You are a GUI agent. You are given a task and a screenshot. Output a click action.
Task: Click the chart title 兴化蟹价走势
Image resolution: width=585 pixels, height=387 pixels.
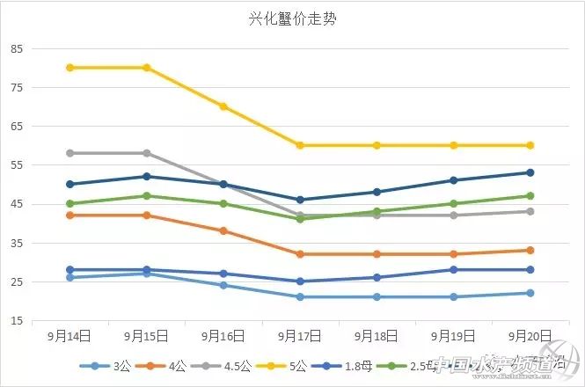click(291, 18)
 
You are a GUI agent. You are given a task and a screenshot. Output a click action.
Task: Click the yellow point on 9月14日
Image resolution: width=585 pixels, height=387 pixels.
click(69, 68)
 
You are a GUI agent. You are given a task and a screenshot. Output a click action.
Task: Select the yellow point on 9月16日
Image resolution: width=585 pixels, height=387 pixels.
click(223, 106)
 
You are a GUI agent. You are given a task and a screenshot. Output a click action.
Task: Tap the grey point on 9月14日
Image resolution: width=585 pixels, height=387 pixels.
click(69, 153)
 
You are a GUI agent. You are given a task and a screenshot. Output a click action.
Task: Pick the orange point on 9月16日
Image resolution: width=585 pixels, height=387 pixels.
click(223, 231)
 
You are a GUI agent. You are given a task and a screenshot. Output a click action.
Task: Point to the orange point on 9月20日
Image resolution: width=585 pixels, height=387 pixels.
click(530, 251)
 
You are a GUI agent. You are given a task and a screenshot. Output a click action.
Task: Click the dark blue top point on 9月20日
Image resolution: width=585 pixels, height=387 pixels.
click(530, 172)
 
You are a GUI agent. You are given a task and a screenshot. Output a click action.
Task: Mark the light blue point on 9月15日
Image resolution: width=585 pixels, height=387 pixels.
click(146, 274)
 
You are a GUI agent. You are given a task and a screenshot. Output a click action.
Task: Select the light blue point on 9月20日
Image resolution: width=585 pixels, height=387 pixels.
click(530, 293)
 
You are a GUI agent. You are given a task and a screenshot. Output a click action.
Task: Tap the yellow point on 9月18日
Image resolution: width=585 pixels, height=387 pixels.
click(377, 145)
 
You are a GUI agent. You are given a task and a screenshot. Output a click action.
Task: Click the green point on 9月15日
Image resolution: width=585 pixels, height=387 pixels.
click(146, 196)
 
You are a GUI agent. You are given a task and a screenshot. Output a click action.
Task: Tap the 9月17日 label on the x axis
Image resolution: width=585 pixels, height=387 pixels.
click(300, 336)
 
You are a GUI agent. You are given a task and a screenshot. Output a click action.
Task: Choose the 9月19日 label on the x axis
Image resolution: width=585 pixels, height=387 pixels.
click(454, 336)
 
